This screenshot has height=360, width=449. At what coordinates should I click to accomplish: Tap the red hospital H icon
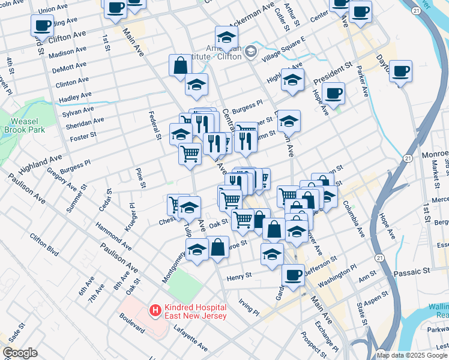(x=155, y=310)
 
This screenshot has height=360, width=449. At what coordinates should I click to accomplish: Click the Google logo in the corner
(x=20, y=353)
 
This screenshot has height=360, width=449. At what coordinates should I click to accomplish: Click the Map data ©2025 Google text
(x=412, y=355)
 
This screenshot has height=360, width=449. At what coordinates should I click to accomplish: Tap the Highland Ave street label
(x=41, y=164)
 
